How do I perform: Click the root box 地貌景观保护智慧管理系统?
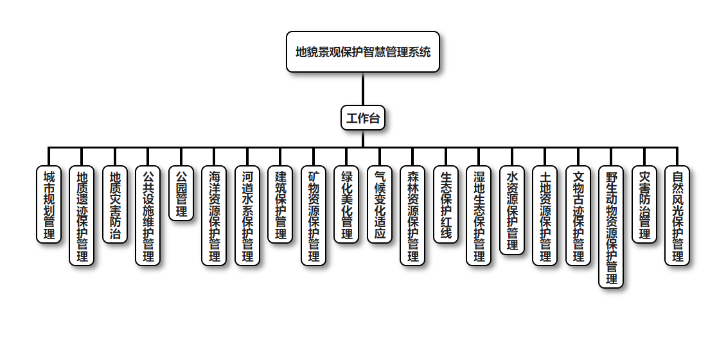coord(363,52)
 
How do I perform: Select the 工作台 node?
coord(363,118)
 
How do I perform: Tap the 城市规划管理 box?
coord(49,204)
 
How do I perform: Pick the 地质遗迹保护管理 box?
coord(82,215)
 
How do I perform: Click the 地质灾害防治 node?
coord(115,204)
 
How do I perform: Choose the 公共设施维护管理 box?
coord(148,215)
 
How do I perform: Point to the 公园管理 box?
coord(181,194)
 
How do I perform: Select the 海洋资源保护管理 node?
coord(214,215)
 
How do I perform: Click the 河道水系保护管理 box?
coord(247,215)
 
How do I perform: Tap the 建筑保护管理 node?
coord(280,204)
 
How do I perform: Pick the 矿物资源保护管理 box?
coord(314,215)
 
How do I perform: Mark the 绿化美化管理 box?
coord(346,204)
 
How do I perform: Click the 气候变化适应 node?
coord(380,204)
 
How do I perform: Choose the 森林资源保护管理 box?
coord(412,215)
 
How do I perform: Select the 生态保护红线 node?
coord(446,204)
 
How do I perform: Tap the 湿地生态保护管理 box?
coord(479,215)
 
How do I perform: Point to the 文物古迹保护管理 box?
coord(578,215)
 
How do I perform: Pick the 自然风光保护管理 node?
coord(677,215)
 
